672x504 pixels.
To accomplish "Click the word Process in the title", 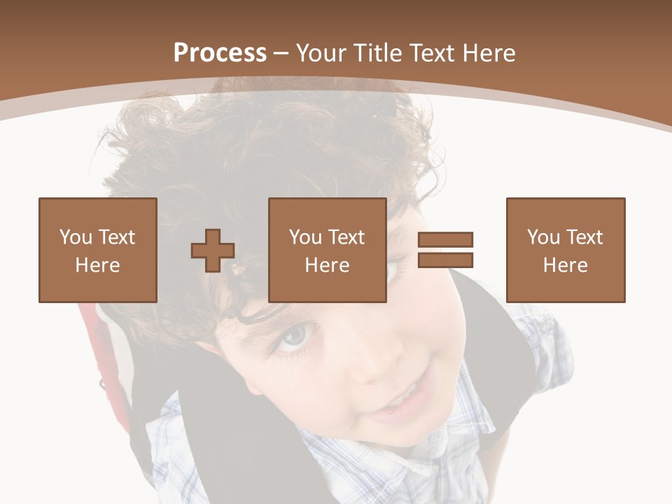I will (x=220, y=53).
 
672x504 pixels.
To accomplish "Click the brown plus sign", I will (x=213, y=251).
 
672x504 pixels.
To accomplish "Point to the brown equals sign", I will (x=445, y=250).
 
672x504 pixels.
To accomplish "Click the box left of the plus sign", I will (x=98, y=250).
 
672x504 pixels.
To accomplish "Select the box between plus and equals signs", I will (x=327, y=250).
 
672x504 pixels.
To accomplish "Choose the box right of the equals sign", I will (x=565, y=250).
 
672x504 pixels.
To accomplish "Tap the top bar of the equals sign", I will (x=445, y=240).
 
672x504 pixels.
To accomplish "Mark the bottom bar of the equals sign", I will (x=445, y=260).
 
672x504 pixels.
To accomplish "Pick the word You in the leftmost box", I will (x=74, y=237).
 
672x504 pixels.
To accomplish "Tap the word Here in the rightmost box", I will (x=565, y=265).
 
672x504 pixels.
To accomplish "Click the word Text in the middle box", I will (x=347, y=237).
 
